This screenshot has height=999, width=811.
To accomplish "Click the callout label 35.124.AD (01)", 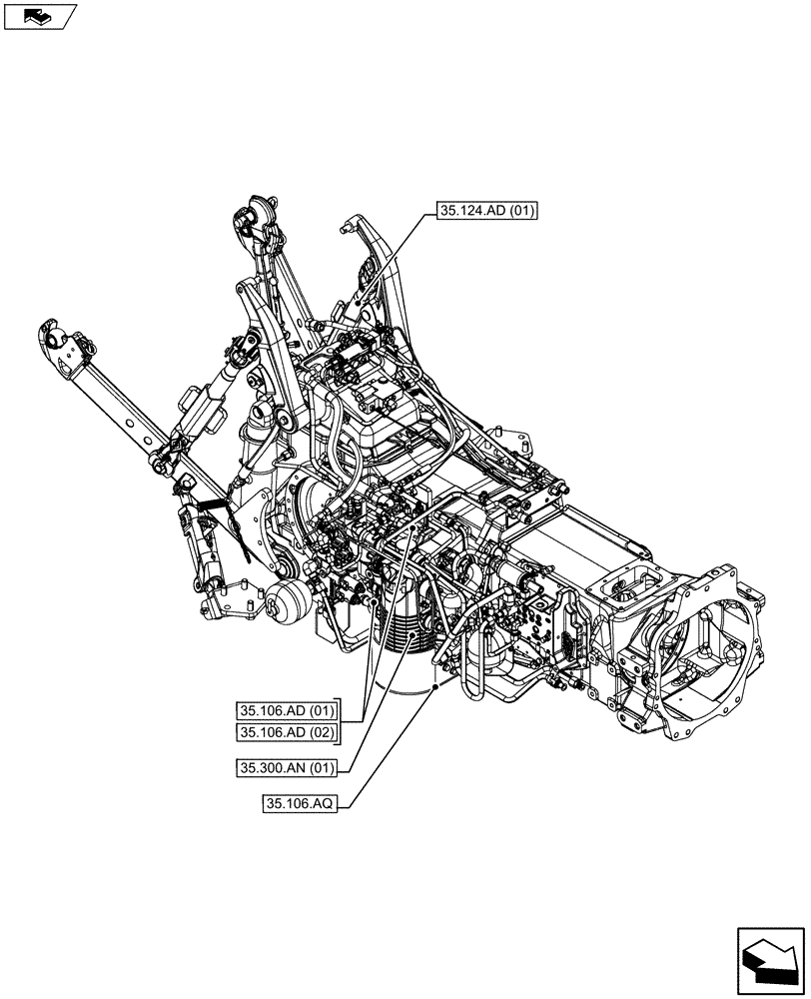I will (486, 211).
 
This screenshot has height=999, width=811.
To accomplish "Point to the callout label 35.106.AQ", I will (301, 803).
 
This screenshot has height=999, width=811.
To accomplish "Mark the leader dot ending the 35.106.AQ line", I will (437, 687).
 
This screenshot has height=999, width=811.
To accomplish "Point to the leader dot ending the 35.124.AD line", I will (358, 301).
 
